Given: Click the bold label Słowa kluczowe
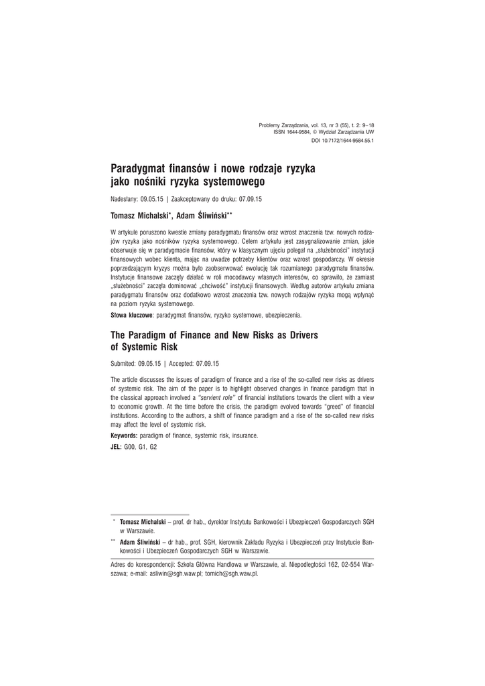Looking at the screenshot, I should click(132, 314).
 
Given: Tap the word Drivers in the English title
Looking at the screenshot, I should click(298, 334).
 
